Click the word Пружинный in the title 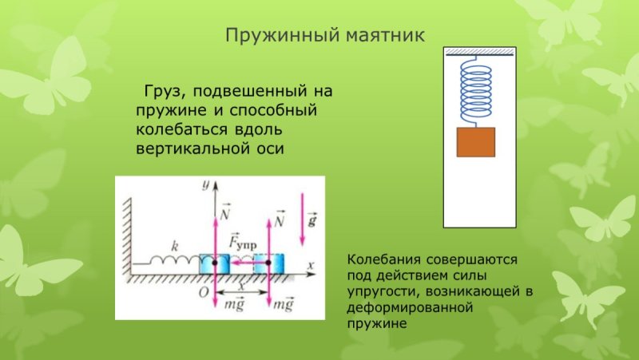[282, 35]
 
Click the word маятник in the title [385, 36]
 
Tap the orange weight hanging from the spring [475, 142]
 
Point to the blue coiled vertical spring [475, 91]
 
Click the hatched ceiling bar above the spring [479, 51]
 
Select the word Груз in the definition [162, 91]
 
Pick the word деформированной [410, 307]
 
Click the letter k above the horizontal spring [175, 246]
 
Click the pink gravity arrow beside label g [303, 219]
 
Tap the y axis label [206, 184]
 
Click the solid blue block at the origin [214, 264]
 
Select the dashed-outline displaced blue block [268, 264]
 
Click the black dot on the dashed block [268, 263]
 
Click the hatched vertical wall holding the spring [127, 237]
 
